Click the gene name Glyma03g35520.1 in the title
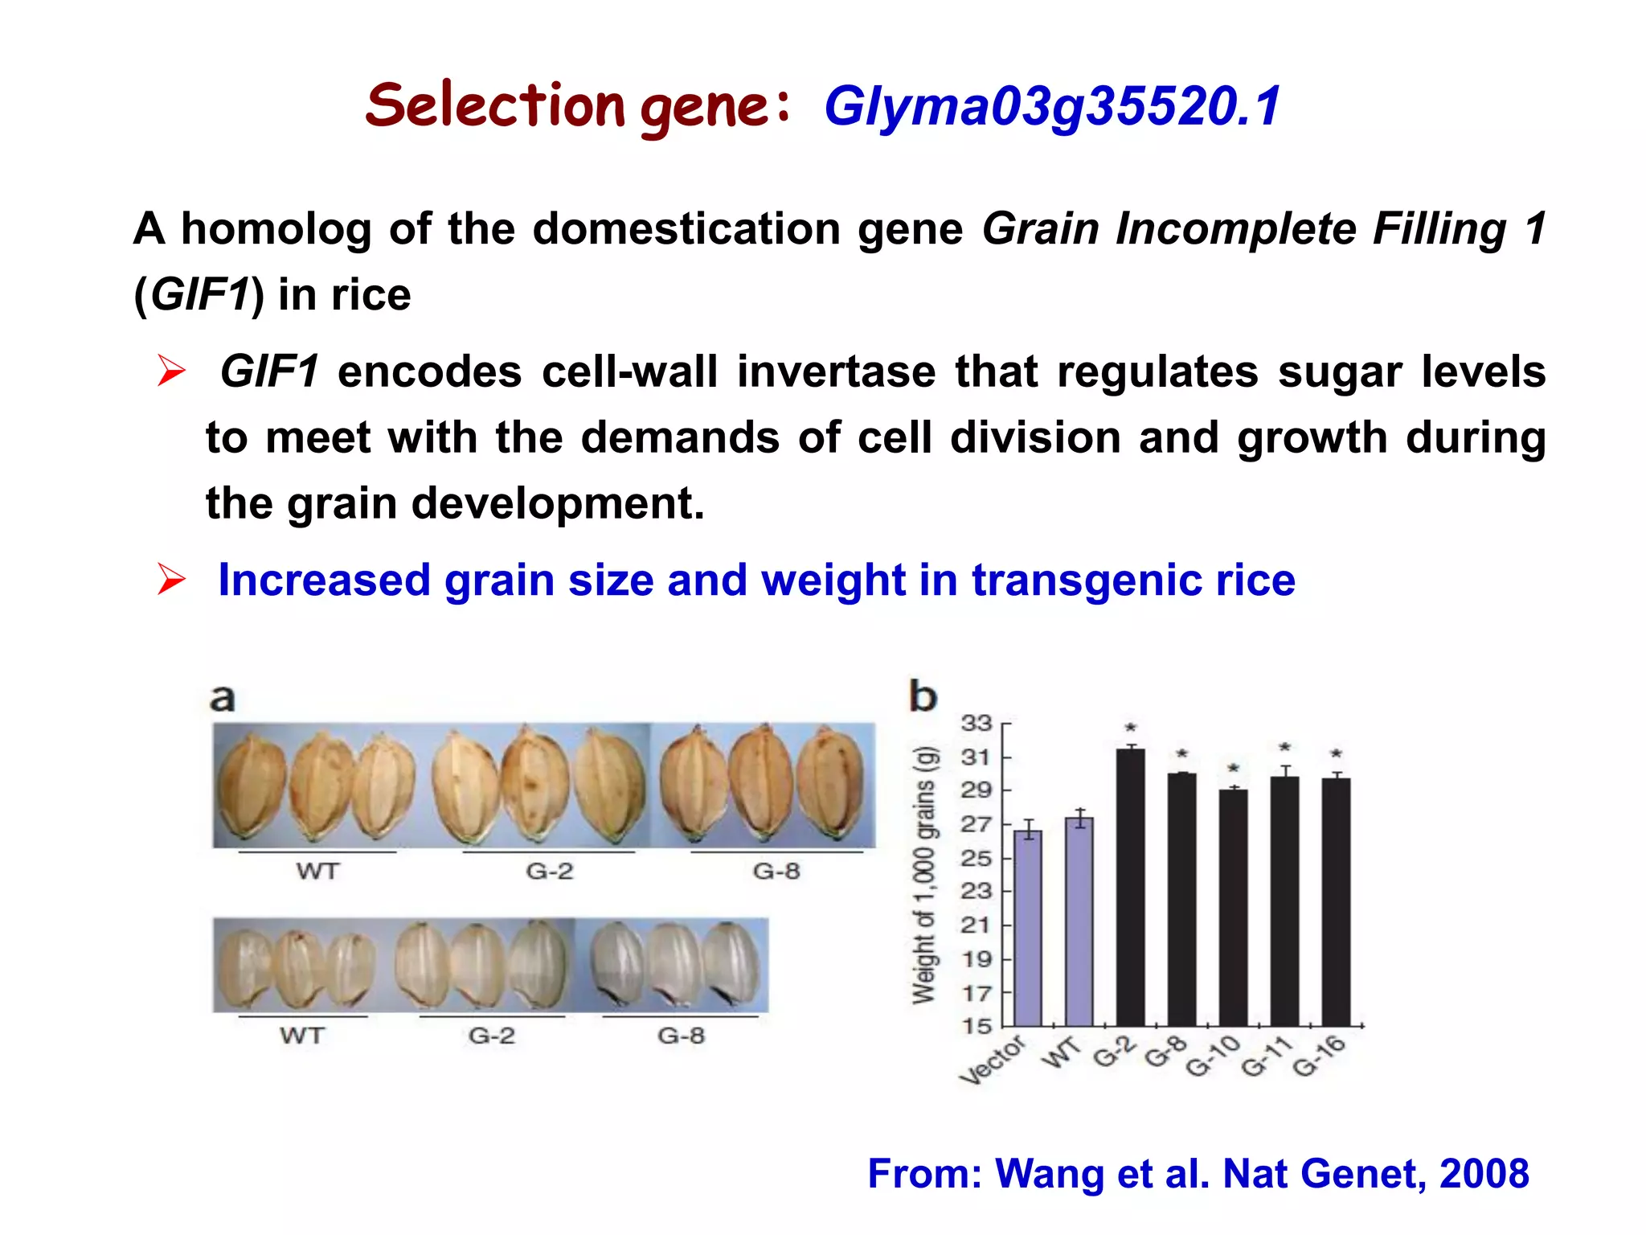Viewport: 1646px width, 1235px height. [x=1051, y=107]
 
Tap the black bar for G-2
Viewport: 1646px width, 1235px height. [x=1130, y=884]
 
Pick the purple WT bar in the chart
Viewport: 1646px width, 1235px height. [x=1079, y=921]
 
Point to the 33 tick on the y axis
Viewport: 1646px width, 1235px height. [x=977, y=724]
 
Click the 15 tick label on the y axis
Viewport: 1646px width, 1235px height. [x=977, y=1026]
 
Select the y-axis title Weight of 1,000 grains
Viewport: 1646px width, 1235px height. [x=925, y=875]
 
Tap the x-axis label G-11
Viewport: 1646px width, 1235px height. [x=1266, y=1057]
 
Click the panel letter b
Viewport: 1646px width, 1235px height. [x=923, y=695]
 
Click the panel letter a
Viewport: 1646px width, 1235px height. [x=223, y=698]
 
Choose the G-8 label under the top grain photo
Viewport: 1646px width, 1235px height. [x=776, y=871]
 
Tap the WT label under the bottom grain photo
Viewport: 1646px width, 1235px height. [x=302, y=1035]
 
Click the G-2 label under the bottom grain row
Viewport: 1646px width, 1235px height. [x=492, y=1035]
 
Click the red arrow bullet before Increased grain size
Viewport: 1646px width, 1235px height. [x=171, y=580]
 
